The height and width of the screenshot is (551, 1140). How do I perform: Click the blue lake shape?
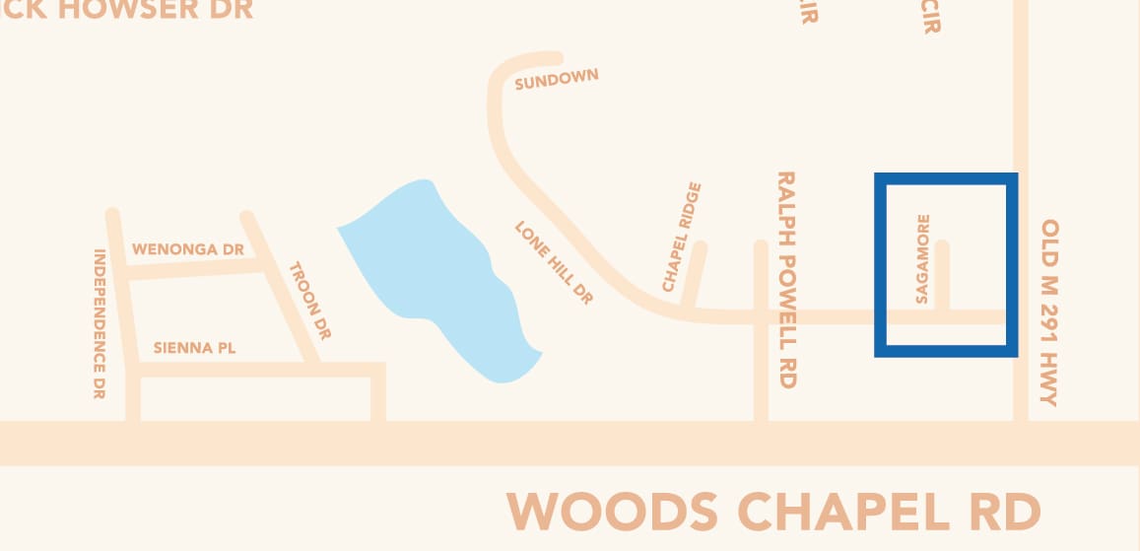click(x=434, y=276)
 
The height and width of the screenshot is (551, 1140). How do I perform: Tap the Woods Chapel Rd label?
click(x=773, y=512)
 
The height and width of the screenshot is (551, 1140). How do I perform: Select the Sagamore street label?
click(x=923, y=259)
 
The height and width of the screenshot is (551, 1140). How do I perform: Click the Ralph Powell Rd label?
click(x=786, y=280)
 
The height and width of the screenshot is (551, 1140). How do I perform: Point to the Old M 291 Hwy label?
click(x=1048, y=312)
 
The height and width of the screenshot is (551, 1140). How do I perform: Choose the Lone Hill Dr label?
click(x=554, y=262)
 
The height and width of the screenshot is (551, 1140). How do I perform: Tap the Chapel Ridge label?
click(x=682, y=237)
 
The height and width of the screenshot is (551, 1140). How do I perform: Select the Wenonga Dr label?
click(x=187, y=249)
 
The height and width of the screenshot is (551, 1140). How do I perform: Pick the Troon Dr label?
click(x=309, y=301)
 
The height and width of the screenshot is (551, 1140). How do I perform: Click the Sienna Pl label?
click(x=195, y=348)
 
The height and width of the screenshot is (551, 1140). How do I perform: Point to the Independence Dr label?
click(x=100, y=323)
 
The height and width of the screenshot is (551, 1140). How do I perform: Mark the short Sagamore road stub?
click(x=943, y=276)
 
